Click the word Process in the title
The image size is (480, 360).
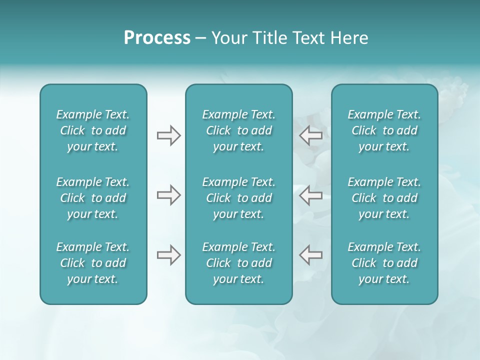tap(157, 38)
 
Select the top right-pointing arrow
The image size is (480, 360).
tap(168, 135)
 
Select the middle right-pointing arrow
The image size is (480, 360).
tap(168, 195)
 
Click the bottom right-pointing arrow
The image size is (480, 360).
tap(168, 255)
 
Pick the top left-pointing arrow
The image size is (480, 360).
tap(310, 135)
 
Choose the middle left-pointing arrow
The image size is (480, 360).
tap(310, 195)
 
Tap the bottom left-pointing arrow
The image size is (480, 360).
tap(310, 255)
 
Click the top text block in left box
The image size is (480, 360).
tap(93, 130)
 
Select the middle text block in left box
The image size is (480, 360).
tap(93, 198)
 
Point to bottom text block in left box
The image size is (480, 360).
tap(93, 263)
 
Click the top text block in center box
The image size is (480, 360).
tap(238, 130)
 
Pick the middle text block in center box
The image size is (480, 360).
tap(238, 198)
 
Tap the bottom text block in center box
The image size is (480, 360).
tap(238, 263)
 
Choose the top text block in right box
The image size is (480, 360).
tap(384, 130)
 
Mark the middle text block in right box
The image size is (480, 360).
tap(384, 198)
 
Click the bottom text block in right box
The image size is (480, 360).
tap(384, 263)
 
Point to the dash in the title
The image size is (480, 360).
tap(200, 38)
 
